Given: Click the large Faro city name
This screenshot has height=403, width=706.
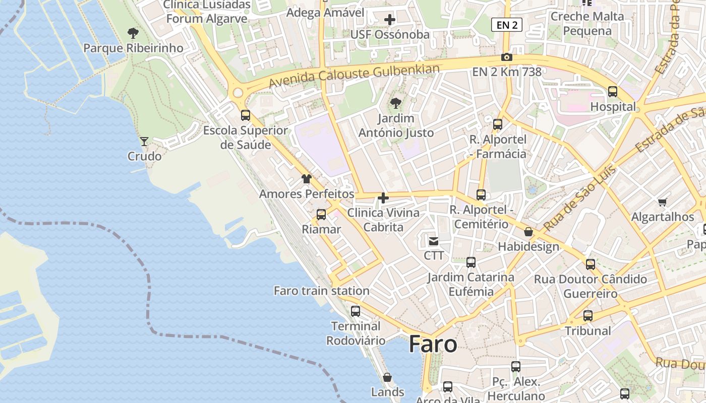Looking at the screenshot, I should (x=433, y=345).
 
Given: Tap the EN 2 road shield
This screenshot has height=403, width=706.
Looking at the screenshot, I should (x=506, y=25).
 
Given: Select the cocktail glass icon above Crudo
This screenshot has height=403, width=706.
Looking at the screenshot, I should (x=144, y=142).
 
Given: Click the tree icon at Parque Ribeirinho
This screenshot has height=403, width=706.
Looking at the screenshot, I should (x=133, y=34).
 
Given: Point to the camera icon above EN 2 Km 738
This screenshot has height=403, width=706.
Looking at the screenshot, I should (x=507, y=57).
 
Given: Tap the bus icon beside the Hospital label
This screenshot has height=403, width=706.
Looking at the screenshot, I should (x=613, y=92).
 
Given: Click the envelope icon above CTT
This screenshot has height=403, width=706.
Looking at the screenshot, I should (x=434, y=241).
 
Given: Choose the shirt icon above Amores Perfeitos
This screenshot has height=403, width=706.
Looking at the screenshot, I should (x=306, y=179).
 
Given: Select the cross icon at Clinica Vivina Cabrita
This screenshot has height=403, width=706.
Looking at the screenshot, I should (x=383, y=198).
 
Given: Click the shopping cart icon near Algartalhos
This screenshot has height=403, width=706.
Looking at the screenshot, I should (x=662, y=203).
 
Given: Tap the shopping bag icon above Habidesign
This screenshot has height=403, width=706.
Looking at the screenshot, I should (x=528, y=232).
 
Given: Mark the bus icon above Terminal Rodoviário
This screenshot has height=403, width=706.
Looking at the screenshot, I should (x=356, y=311).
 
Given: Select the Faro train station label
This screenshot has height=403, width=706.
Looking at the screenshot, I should (x=321, y=291).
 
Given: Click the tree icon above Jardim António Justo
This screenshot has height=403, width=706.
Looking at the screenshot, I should (x=396, y=103).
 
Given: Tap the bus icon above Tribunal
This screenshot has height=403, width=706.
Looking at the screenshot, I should (x=588, y=316).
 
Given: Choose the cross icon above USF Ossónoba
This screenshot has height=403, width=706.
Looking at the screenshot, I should (x=390, y=20).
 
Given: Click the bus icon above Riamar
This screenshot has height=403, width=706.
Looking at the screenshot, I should (x=321, y=215).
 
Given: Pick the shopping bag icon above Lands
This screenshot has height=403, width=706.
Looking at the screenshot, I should (x=387, y=377).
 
